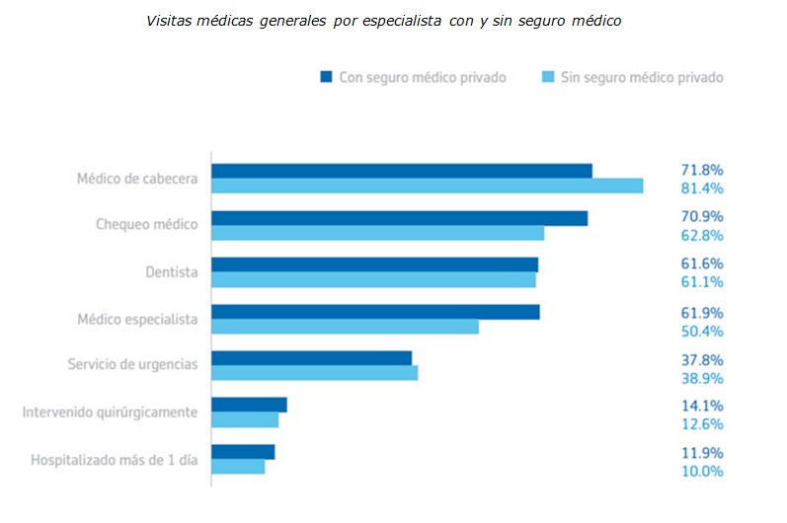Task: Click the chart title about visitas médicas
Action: coord(383,21)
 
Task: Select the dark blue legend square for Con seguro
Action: coord(325,77)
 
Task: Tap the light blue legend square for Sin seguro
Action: coord(546,77)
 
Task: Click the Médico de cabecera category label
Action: coord(137,179)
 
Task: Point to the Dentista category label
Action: coord(171,271)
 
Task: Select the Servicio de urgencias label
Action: coord(132,364)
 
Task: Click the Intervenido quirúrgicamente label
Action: coord(110,411)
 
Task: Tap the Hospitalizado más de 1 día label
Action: coord(114,459)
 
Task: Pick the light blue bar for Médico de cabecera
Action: coord(427,187)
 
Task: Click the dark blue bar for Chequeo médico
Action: coord(399,218)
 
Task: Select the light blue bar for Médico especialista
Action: coord(345,327)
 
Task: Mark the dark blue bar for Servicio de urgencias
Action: coord(311,358)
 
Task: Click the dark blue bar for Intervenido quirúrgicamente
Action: coord(249,405)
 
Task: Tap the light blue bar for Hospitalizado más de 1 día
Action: coord(238,467)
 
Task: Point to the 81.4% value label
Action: coord(701,188)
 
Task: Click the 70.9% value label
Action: coord(701,216)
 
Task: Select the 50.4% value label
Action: coord(701,330)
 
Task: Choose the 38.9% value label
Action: coord(701,377)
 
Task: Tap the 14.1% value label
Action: coord(701,405)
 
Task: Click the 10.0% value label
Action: coord(701,471)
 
